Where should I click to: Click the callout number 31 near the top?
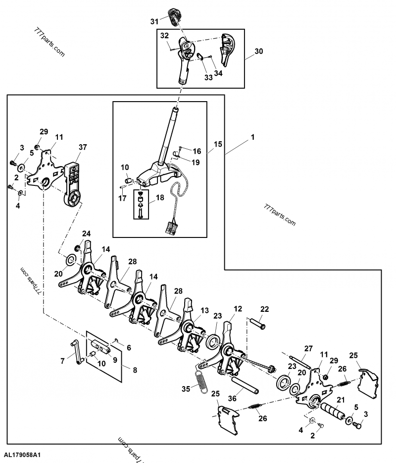pyautogui.click(x=154, y=21)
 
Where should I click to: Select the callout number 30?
pyautogui.click(x=258, y=52)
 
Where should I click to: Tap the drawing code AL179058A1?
pyautogui.click(x=22, y=454)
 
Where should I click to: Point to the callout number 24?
pyautogui.click(x=87, y=233)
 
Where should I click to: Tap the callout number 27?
pyautogui.click(x=309, y=348)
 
